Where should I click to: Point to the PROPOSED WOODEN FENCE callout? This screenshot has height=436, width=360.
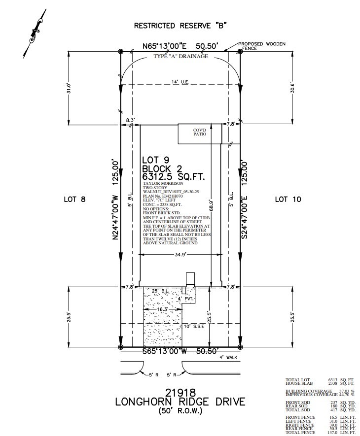pyautogui.click(x=262, y=46)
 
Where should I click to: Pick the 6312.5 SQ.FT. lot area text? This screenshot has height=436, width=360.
pyautogui.click(x=173, y=176)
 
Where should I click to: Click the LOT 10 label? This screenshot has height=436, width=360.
pyautogui.click(x=288, y=200)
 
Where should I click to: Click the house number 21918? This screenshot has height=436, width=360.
pyautogui.click(x=180, y=393)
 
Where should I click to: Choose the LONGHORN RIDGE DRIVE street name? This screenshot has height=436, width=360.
pyautogui.click(x=180, y=402)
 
